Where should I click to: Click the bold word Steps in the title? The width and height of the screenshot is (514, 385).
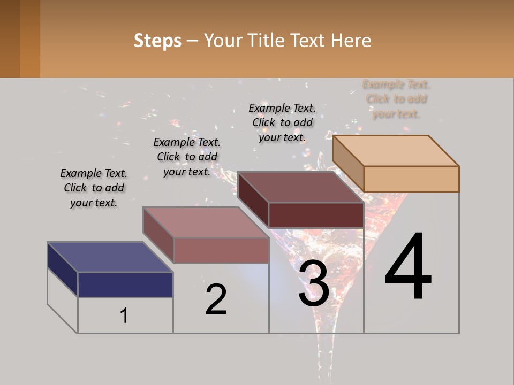click(157, 41)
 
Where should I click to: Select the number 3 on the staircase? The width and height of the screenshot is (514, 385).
click(314, 283)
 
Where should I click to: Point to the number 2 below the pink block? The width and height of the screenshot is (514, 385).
click(216, 299)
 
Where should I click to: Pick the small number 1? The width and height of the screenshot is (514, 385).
click(124, 315)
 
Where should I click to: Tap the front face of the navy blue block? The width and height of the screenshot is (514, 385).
click(125, 284)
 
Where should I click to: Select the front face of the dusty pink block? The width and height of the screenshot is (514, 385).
click(221, 250)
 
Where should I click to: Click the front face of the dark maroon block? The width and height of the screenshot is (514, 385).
click(316, 215)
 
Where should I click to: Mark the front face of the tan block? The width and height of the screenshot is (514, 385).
click(411, 179)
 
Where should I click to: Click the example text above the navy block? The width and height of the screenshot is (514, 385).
click(94, 188)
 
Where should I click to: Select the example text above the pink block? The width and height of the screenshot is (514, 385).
click(187, 157)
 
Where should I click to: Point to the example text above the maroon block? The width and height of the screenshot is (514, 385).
click(282, 123)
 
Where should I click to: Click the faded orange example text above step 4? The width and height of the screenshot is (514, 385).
click(397, 99)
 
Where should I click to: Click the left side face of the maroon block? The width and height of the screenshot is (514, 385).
click(253, 199)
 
